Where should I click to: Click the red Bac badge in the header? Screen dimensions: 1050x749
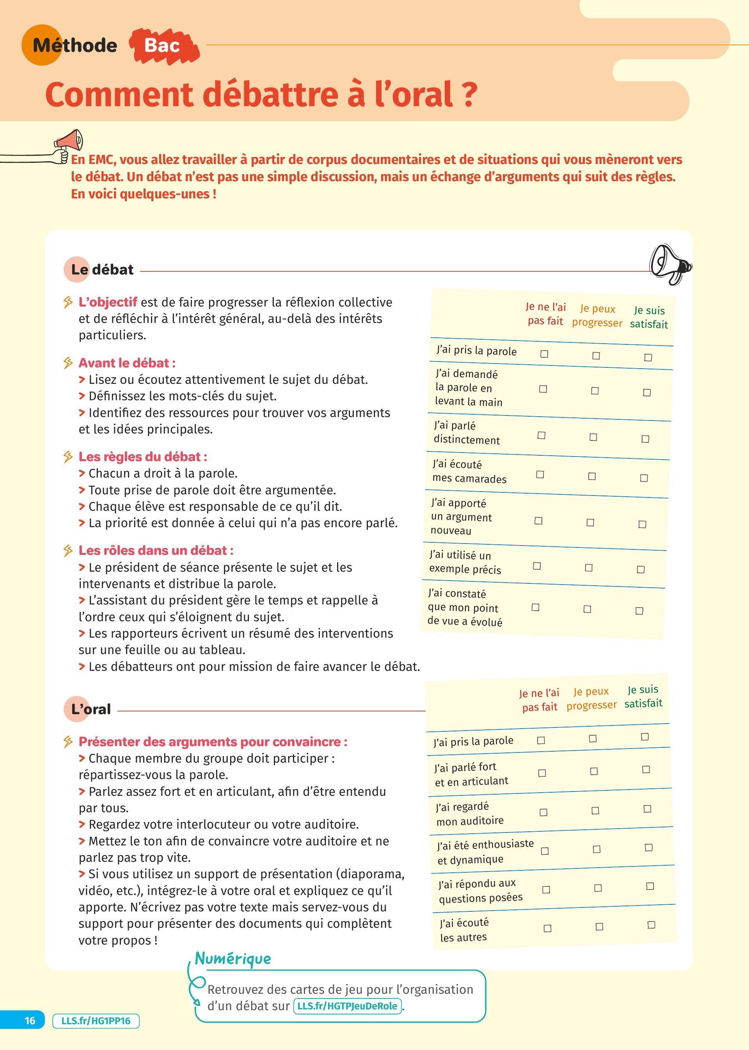click(162, 45)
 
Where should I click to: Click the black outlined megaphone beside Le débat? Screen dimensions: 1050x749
click(670, 264)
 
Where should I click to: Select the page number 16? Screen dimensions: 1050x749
click(30, 1020)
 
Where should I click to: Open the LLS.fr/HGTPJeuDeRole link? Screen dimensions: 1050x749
click(347, 1006)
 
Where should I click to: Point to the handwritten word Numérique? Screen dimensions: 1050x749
click(233, 959)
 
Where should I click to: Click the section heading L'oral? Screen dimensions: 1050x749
click(91, 709)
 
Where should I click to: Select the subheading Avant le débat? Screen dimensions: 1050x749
click(127, 363)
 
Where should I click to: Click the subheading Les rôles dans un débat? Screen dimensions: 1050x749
click(156, 551)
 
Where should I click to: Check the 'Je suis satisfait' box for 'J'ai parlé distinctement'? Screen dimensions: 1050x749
click(645, 439)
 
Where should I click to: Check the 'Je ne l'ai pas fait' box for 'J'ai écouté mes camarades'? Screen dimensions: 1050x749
click(540, 474)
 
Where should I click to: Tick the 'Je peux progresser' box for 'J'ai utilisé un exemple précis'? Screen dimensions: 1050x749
click(589, 568)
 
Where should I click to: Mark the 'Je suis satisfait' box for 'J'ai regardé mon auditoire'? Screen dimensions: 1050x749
click(647, 809)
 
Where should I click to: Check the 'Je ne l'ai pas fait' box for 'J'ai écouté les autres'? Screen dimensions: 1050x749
click(547, 928)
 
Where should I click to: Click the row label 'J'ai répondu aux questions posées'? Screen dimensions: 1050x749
click(481, 891)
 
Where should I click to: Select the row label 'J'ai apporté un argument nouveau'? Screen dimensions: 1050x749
click(461, 517)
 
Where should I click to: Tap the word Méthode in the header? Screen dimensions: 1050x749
click(75, 45)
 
